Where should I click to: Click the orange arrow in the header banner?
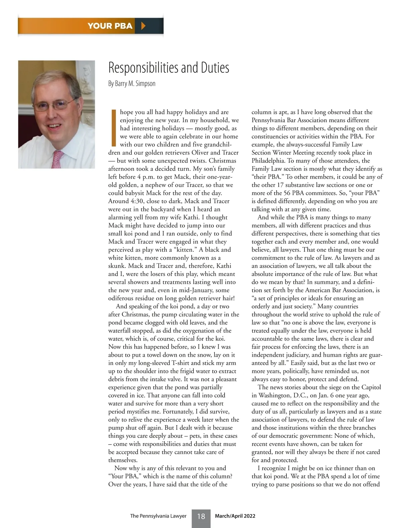[143, 26]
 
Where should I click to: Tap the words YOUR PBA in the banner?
[110, 26]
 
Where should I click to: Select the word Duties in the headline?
[215, 68]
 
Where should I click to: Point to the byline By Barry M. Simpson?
[132, 83]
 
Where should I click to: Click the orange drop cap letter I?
[113, 128]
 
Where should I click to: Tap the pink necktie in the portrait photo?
[57, 159]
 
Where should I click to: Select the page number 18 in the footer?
[201, 516]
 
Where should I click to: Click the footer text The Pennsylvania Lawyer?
[158, 516]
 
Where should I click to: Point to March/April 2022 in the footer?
[235, 516]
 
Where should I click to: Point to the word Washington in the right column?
[275, 395]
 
